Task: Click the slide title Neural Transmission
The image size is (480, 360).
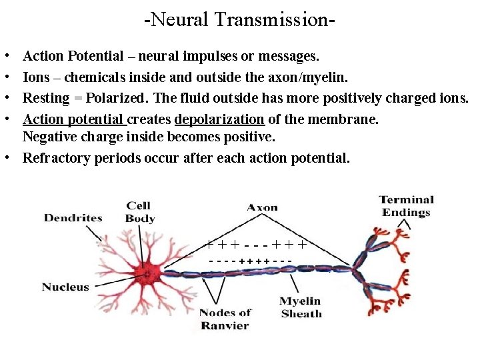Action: coord(239,19)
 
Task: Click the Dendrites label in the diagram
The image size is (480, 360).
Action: coord(73,217)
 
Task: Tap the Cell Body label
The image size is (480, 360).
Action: coord(139,212)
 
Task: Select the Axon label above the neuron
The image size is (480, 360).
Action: coord(262,207)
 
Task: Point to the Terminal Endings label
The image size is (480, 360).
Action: coord(406,206)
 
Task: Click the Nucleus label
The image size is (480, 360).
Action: coord(65,287)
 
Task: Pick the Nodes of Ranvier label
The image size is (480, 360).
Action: coord(225,319)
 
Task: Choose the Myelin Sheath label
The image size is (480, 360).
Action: coord(301,307)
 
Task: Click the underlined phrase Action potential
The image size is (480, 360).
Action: coord(73,119)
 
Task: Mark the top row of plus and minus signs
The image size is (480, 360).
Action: coord(257,244)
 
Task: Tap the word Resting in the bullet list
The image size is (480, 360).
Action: coord(46,98)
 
